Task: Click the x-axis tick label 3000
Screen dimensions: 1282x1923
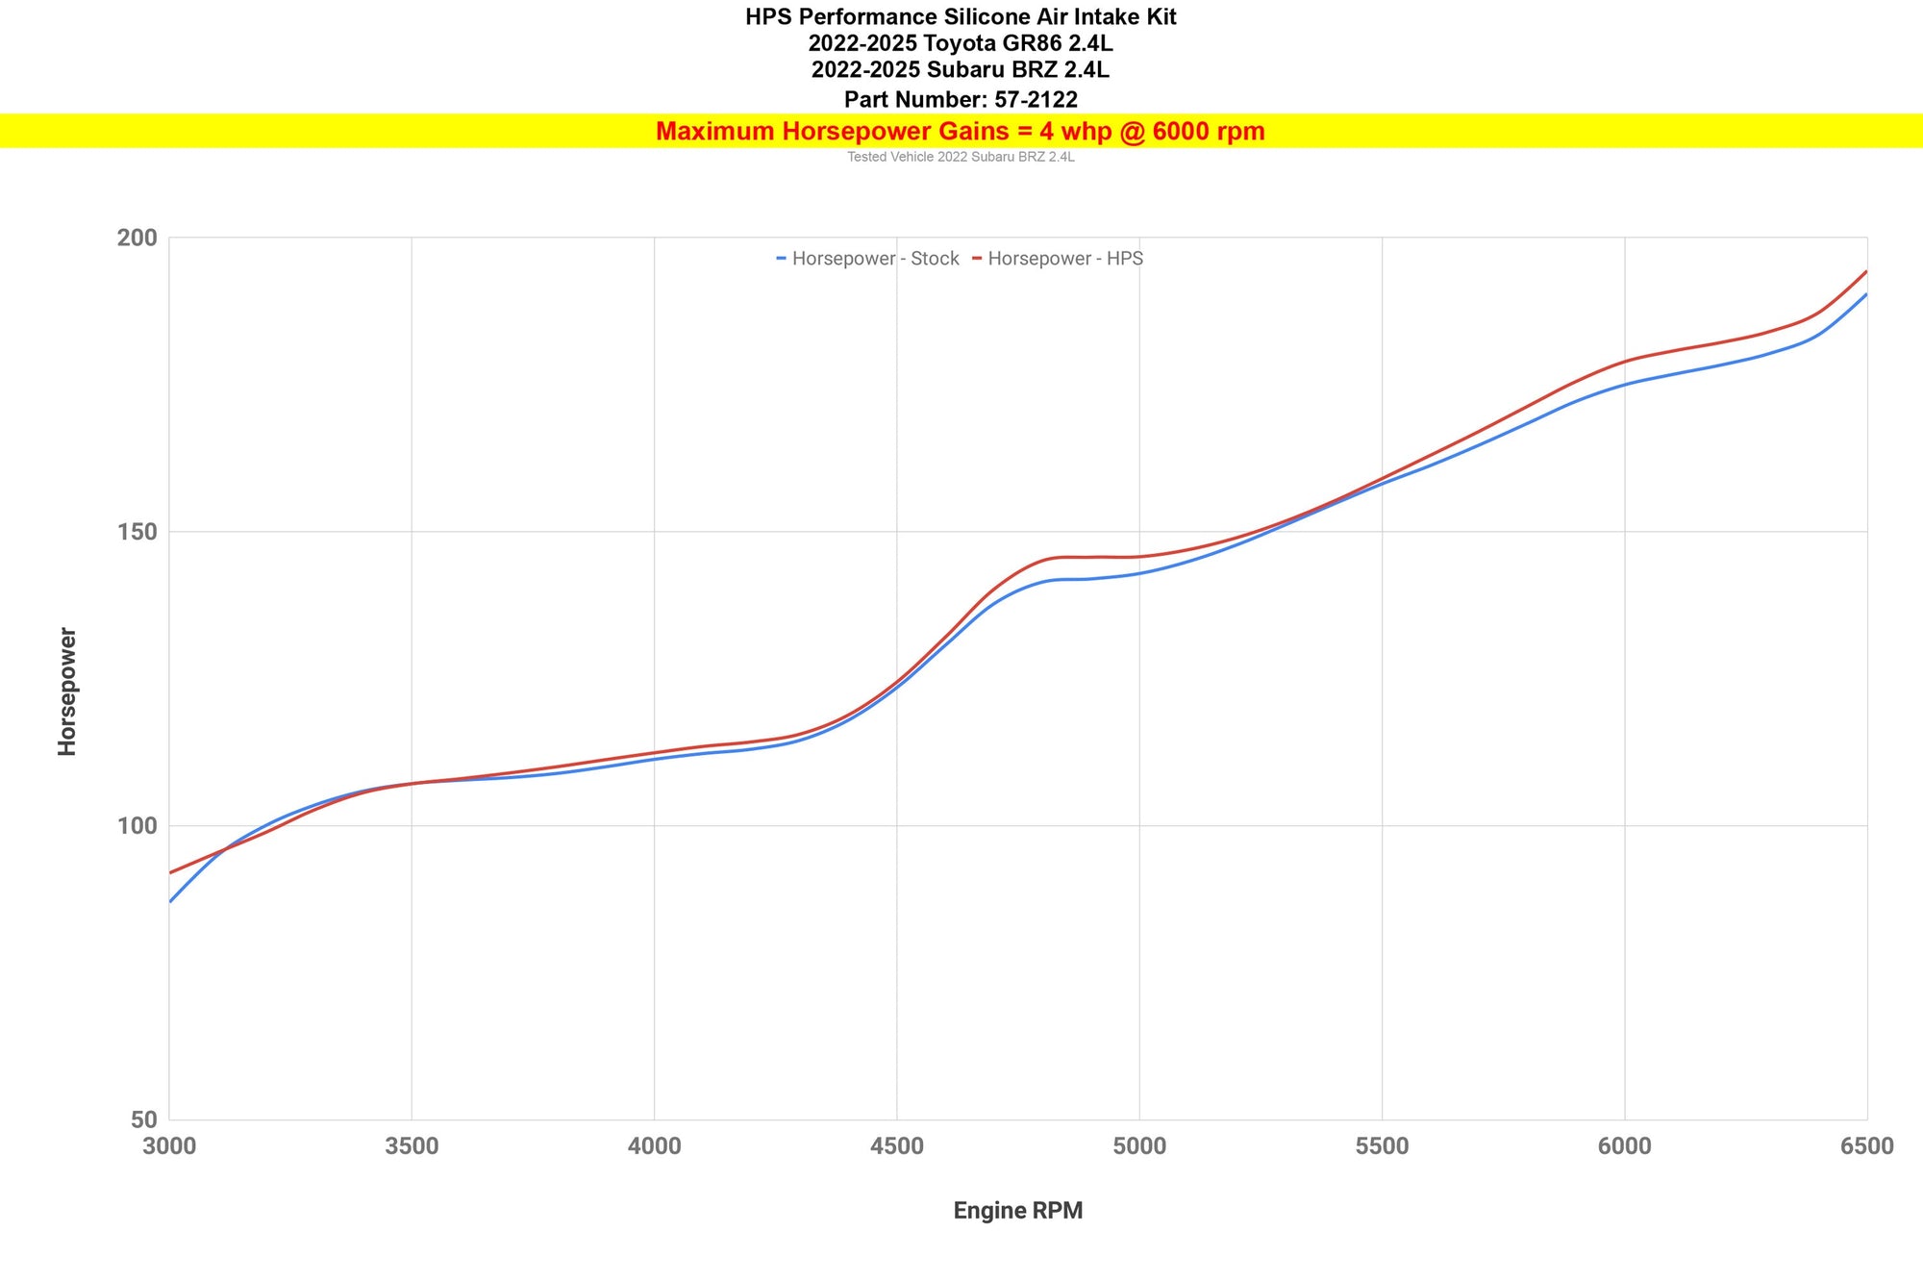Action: pyautogui.click(x=169, y=1146)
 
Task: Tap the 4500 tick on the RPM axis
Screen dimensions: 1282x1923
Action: pyautogui.click(x=896, y=1146)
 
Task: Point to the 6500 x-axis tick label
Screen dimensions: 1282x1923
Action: pyautogui.click(x=1866, y=1146)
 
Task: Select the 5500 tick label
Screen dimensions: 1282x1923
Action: pyautogui.click(x=1382, y=1146)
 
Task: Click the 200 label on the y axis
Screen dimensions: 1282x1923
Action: pyautogui.click(x=137, y=238)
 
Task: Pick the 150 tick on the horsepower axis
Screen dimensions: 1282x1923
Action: pyautogui.click(x=137, y=532)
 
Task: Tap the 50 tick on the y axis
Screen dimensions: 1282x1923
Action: pyautogui.click(x=144, y=1119)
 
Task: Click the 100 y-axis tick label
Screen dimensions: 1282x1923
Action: pyautogui.click(x=137, y=826)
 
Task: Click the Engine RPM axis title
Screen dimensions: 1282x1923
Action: pyautogui.click(x=1017, y=1211)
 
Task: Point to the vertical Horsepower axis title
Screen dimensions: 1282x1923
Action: pyautogui.click(x=67, y=691)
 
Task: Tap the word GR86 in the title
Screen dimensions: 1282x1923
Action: pyautogui.click(x=1028, y=43)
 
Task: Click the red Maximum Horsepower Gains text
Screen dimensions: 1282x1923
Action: pyautogui.click(x=960, y=132)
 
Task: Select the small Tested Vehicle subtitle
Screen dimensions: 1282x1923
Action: pyautogui.click(x=960, y=157)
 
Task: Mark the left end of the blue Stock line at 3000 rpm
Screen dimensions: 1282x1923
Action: pyautogui.click(x=171, y=901)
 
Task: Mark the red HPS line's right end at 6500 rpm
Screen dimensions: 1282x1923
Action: pyautogui.click(x=1865, y=272)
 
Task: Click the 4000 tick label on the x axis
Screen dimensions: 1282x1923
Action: pyautogui.click(x=654, y=1146)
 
